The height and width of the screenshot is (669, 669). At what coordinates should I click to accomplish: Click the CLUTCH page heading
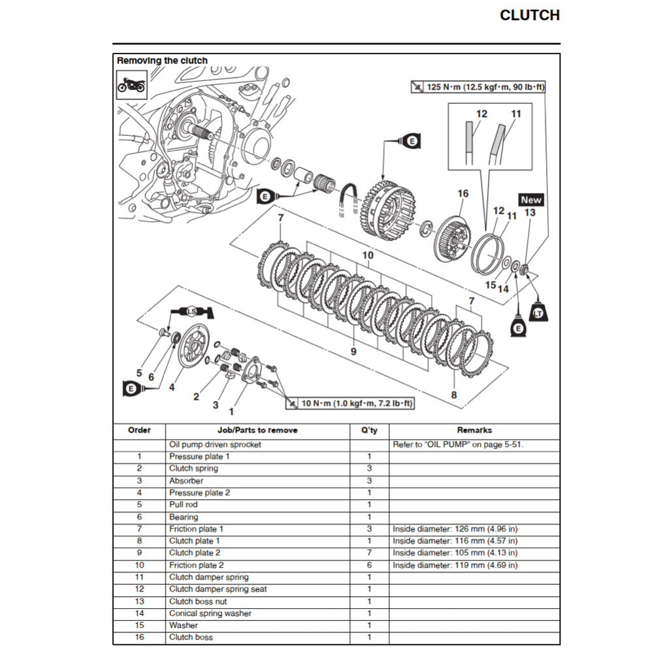click(529, 16)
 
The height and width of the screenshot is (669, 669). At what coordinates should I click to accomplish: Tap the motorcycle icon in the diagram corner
click(131, 84)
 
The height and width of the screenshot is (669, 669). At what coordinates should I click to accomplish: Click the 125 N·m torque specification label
click(478, 87)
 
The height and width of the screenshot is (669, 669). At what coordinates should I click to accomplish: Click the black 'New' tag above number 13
click(530, 200)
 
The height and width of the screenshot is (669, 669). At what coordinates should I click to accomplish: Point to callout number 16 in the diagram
click(463, 193)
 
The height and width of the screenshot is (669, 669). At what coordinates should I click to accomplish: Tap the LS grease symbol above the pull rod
click(191, 311)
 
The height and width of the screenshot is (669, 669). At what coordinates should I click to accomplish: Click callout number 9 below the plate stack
click(353, 351)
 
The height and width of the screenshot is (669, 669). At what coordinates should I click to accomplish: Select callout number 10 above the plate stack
click(368, 255)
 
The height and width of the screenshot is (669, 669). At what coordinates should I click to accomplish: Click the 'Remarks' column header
click(474, 430)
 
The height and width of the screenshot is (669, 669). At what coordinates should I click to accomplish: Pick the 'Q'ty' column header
click(369, 431)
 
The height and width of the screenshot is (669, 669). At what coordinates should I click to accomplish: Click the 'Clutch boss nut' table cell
click(199, 601)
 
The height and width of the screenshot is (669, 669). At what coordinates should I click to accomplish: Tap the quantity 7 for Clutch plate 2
click(369, 553)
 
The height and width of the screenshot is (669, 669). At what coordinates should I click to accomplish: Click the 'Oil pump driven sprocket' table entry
click(215, 444)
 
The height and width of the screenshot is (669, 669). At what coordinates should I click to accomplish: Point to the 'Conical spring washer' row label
click(210, 613)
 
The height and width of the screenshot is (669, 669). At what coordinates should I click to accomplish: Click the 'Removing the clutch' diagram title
click(162, 61)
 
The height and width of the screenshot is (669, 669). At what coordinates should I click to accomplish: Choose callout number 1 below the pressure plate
click(231, 412)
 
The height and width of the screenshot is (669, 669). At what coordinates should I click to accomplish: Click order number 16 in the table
click(139, 637)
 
